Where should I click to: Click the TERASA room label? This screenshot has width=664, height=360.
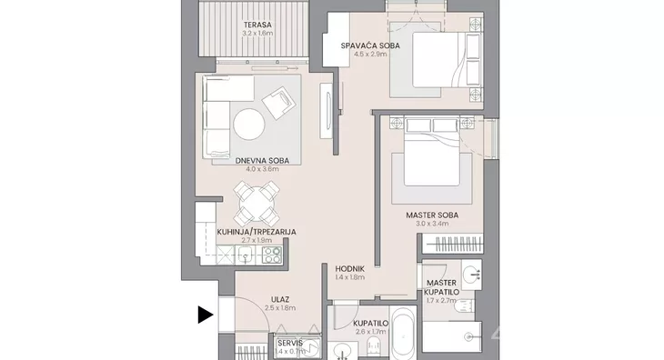(x=257, y=25)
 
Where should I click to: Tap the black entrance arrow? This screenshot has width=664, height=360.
(x=206, y=315)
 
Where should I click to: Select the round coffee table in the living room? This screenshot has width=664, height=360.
(x=249, y=125)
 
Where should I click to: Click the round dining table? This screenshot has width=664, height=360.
(x=257, y=204)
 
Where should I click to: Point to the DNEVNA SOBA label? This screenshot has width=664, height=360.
(x=262, y=161)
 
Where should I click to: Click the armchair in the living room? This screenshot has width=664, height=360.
(x=278, y=103)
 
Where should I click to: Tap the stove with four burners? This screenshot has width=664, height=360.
(x=272, y=255)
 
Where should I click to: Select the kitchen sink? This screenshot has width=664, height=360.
(x=246, y=255)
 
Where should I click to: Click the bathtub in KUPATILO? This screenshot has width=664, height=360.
(x=403, y=333)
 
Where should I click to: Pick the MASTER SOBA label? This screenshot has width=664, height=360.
(x=432, y=215)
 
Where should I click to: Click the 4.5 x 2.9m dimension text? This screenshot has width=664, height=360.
(x=370, y=55)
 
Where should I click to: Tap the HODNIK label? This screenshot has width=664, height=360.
(x=350, y=269)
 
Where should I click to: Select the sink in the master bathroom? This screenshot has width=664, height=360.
(x=471, y=275)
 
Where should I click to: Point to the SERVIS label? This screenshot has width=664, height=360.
(x=290, y=343)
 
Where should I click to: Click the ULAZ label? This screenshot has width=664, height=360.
(x=280, y=300)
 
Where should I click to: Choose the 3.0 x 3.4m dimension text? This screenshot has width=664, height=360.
(x=432, y=224)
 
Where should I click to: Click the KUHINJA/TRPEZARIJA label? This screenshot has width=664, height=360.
(x=257, y=232)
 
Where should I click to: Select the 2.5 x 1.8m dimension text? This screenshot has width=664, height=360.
(x=280, y=308)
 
